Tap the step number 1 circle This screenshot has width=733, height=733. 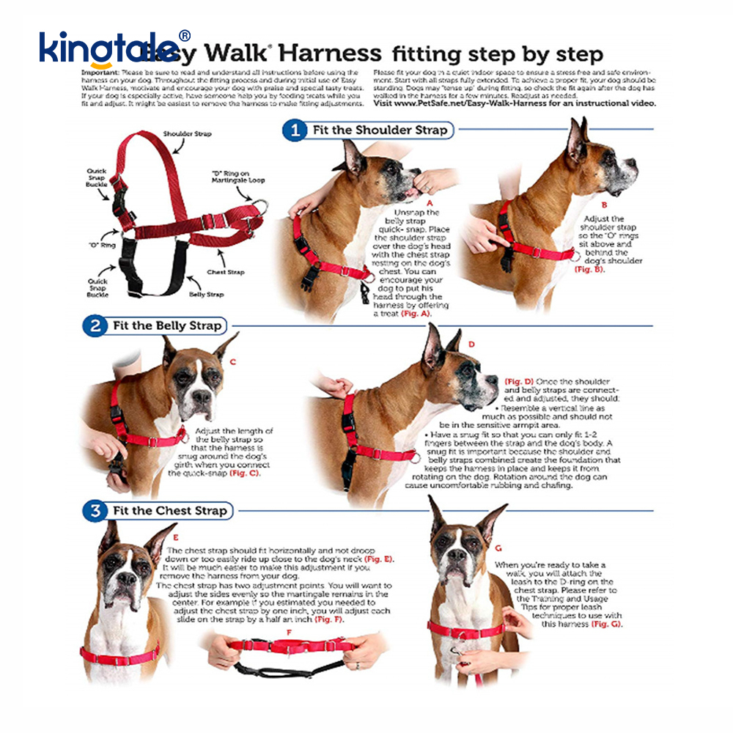click(295, 130)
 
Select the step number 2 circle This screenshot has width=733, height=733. click(95, 325)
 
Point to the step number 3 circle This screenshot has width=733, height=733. click(95, 510)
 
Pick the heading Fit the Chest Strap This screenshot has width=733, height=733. click(170, 510)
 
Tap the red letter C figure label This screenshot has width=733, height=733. click(232, 361)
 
